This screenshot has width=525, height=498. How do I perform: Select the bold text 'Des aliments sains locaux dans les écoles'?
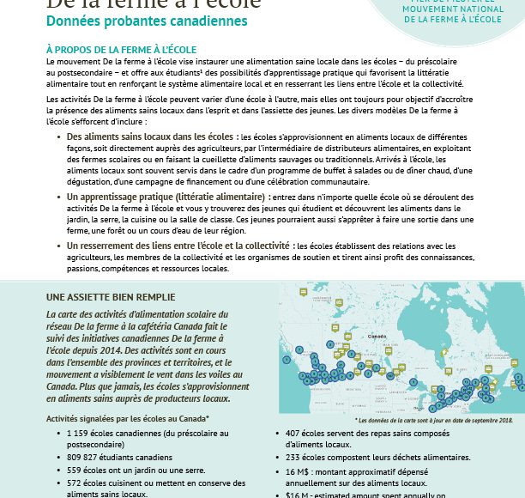coord(149,137)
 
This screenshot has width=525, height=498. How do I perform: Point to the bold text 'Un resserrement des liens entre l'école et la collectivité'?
coord(178,246)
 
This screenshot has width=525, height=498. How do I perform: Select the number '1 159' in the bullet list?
coord(80,434)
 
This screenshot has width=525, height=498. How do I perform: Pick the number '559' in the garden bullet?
coord(75,471)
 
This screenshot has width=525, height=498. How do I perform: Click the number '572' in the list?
coord(75,483)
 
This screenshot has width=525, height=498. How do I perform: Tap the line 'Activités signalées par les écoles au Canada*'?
coord(128,418)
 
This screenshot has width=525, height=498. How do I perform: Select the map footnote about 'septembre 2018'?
coord(433,420)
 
